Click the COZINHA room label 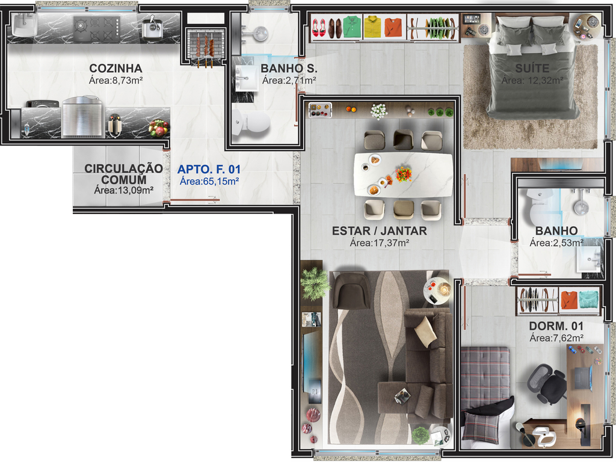coord(115,69)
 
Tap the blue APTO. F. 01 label coord(209,169)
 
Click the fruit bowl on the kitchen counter coord(158,128)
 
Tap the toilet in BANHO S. coord(251,121)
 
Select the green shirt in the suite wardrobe coord(352,26)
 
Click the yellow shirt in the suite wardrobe coord(372,26)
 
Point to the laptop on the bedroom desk coord(583,378)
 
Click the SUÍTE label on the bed coord(532,69)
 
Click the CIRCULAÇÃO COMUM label coord(124,174)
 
